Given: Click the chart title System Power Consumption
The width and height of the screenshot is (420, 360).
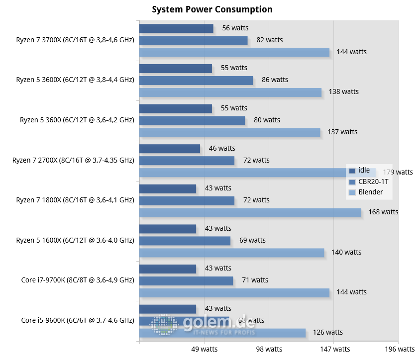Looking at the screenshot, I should tap(212, 9).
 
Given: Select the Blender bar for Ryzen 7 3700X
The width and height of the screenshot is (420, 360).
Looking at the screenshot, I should tap(234, 52).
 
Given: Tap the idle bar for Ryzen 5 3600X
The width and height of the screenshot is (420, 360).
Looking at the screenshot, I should tap(175, 68).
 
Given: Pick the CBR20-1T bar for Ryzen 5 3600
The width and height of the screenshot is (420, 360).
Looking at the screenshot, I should tap(192, 120).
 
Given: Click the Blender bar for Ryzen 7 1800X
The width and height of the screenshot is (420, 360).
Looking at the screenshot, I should tap(250, 212).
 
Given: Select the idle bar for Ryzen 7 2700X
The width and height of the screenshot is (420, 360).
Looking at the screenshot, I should tap(169, 149).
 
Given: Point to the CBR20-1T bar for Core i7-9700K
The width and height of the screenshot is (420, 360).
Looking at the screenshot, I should tap(186, 280).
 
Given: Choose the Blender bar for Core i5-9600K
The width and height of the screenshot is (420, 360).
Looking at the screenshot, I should tap(222, 333).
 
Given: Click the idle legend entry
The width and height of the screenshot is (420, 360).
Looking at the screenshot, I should tap(364, 170).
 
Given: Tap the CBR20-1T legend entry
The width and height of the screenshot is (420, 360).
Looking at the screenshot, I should tap(373, 181).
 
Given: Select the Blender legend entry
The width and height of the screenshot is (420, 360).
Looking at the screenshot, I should tap(371, 192).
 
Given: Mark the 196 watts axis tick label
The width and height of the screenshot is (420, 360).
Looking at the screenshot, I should tap(399, 349).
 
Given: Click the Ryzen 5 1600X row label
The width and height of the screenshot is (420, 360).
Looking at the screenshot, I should tap(75, 240).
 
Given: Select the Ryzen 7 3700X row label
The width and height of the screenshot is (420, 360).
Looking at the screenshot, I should tap(75, 40).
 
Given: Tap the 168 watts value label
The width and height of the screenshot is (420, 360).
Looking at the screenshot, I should tap(383, 212).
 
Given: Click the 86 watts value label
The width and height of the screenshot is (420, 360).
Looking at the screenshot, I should tap(275, 80).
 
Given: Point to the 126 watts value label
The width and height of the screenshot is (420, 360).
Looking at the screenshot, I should tap(327, 332).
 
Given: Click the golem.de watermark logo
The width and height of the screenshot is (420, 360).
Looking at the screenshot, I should tap(204, 325).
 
